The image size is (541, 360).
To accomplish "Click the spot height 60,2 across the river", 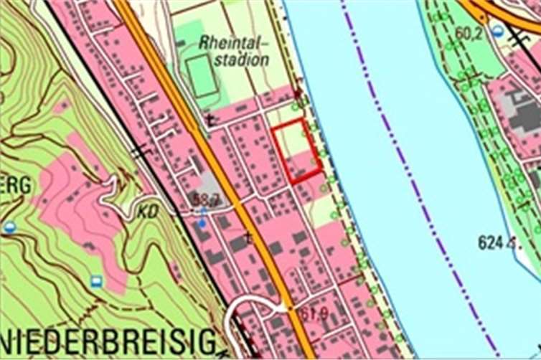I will coord(468,32).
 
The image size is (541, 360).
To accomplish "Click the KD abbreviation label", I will coord(150,212).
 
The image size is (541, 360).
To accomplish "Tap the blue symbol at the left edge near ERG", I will coord(9,227).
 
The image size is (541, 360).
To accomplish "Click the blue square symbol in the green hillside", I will coord(95,280).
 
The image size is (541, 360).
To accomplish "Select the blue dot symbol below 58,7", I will coord(202,223).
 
